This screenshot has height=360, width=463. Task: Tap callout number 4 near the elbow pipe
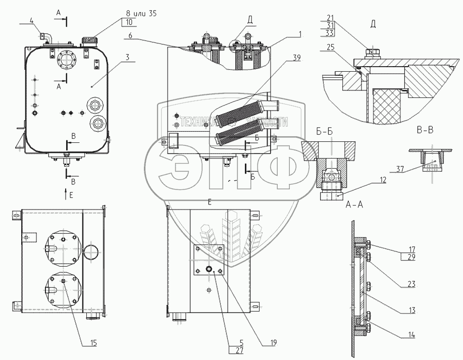pyautogui.click(x=31, y=21)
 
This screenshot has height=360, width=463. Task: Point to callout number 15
pyautogui.click(x=93, y=343)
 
